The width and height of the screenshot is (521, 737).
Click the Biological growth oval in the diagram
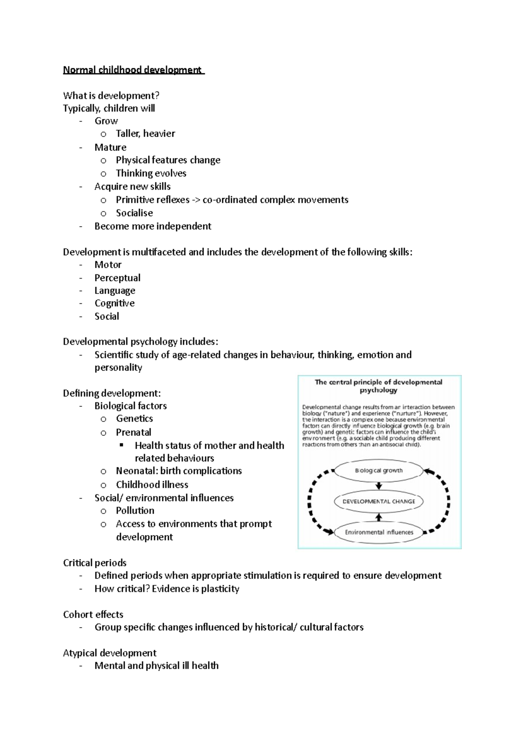[379, 470]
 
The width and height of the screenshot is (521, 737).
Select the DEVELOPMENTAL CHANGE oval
[379, 501]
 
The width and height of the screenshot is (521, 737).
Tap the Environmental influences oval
[379, 532]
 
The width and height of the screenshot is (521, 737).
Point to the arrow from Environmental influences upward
[379, 517]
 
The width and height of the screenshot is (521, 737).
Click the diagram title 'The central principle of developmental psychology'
[379, 386]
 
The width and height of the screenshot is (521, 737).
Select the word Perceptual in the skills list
[117, 278]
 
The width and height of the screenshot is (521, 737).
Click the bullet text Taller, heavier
[145, 134]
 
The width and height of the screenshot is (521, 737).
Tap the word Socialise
[134, 213]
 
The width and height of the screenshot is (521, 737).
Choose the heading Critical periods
[95, 563]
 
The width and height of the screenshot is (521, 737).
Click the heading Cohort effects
[93, 615]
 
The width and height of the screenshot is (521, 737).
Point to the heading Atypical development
[109, 653]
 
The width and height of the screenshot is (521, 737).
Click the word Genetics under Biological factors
[134, 419]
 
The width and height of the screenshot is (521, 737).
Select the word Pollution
[135, 511]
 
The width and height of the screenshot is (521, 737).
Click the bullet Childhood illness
[152, 485]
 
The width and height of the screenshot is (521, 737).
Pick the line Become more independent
[153, 226]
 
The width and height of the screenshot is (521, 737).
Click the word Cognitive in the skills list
[115, 303]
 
